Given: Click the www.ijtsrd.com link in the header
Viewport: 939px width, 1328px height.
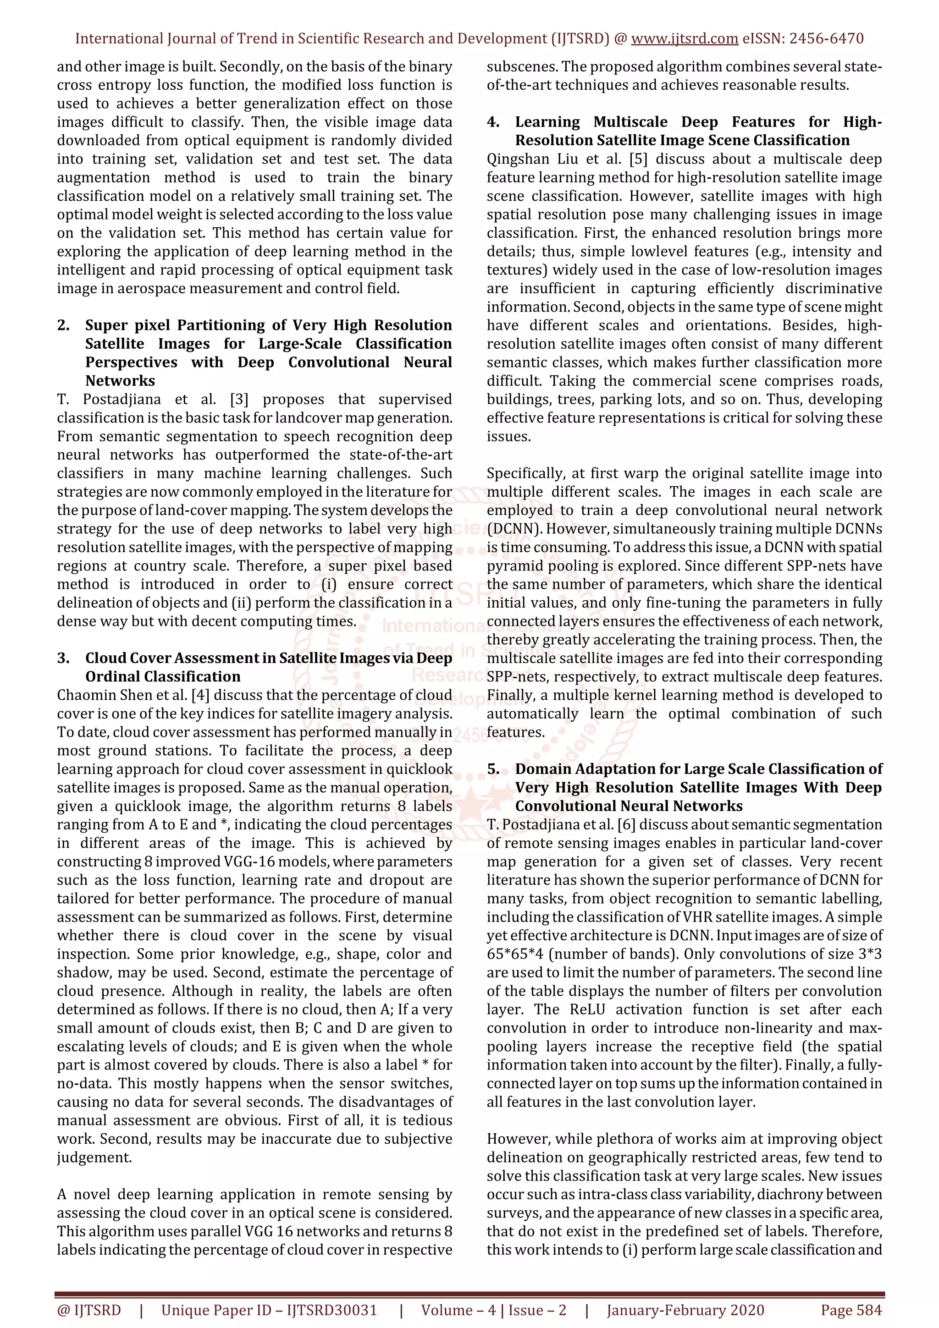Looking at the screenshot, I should point(684,39).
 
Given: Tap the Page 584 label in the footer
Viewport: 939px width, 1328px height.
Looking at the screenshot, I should point(851,1310).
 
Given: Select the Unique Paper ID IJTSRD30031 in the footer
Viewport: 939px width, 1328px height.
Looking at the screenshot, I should point(269,1310).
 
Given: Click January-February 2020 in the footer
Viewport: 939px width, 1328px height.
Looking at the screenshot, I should point(685,1310).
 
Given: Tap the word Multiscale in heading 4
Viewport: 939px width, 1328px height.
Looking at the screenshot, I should point(630,122).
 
